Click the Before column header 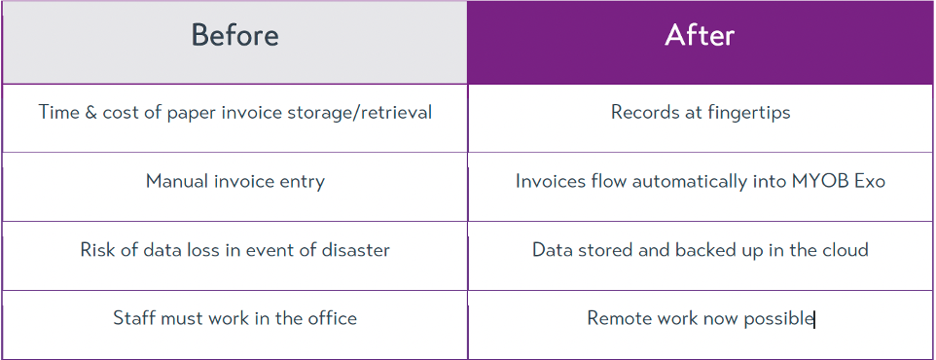(234, 35)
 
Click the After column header (700, 35)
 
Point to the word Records (639, 112)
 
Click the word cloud (846, 249)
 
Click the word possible (778, 319)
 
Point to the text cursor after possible (814, 319)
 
